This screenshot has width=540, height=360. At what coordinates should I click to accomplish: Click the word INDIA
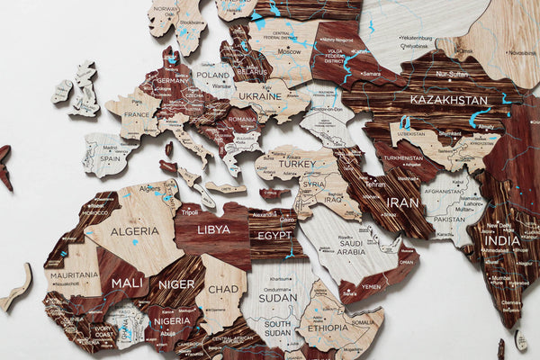point(502,240)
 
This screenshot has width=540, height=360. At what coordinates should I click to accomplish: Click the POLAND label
point(214,76)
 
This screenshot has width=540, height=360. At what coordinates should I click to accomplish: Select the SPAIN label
point(105,158)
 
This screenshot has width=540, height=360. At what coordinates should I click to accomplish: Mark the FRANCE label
point(135,116)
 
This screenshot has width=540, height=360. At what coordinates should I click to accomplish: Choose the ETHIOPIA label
point(328,329)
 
